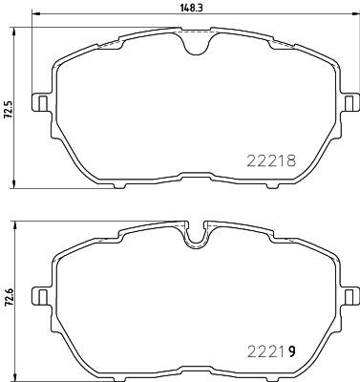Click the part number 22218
[271, 162]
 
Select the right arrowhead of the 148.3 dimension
[337, 15]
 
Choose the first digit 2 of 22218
[250, 162]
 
